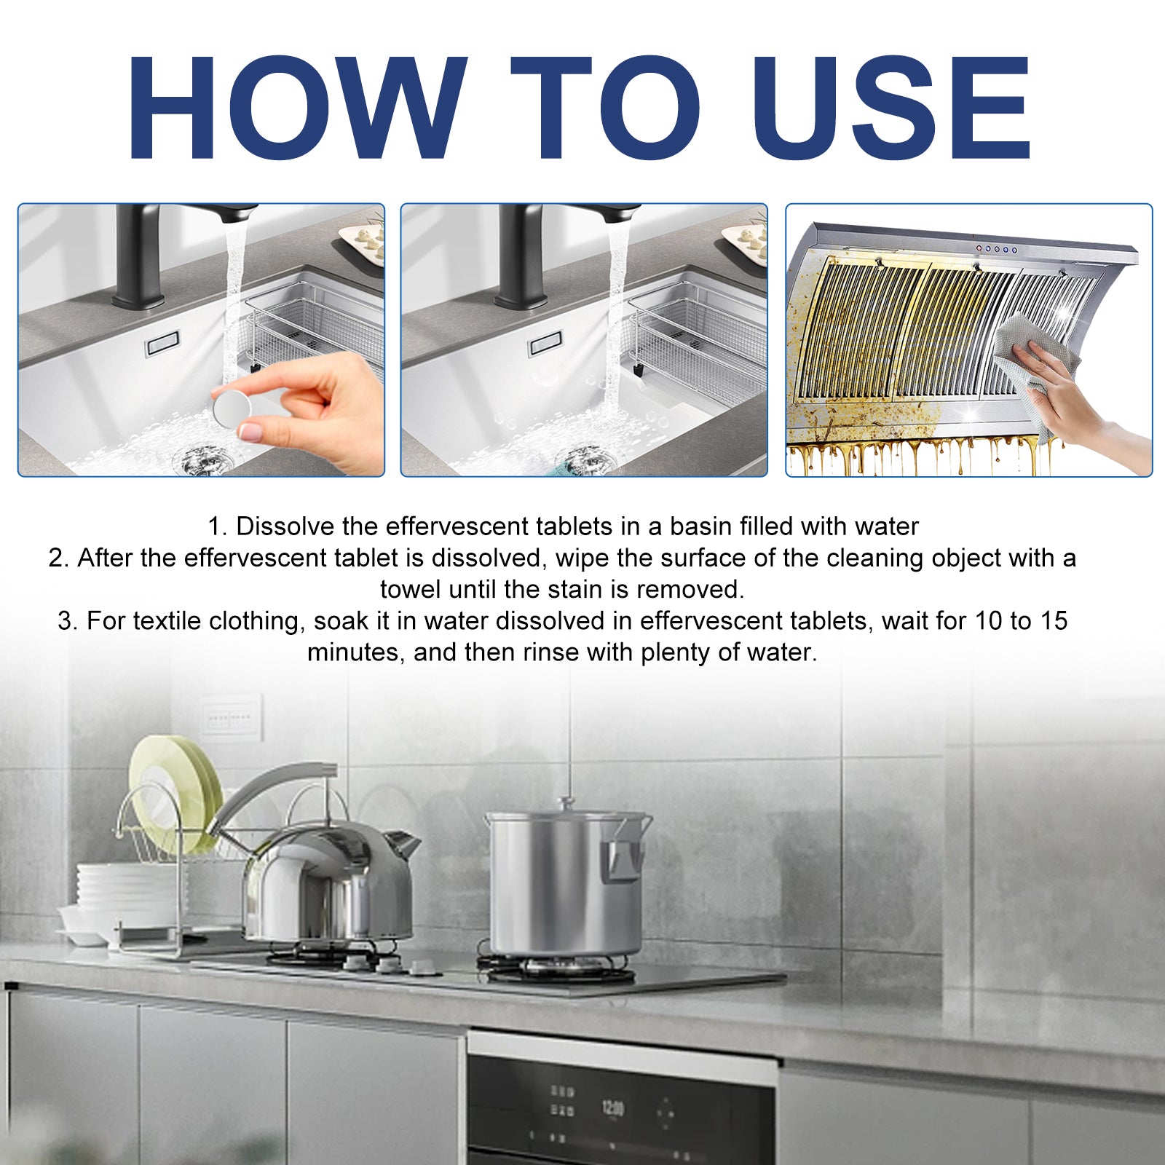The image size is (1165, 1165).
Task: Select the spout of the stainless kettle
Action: point(403,845)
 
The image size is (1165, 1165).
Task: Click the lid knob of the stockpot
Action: point(566,804)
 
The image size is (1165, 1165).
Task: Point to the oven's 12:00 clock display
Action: point(612,1108)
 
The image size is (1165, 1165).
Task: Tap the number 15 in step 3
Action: point(1053,620)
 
